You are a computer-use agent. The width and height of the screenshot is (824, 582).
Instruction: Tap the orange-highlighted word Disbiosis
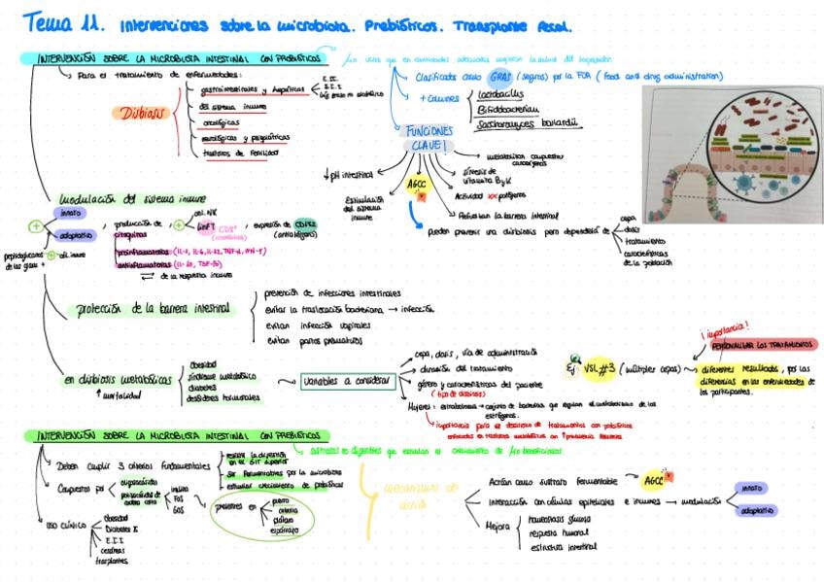click(x=144, y=114)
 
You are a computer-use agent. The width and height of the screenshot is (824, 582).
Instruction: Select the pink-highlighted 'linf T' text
click(x=207, y=225)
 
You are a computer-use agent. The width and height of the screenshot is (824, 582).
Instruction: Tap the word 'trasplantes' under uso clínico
click(x=109, y=561)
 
